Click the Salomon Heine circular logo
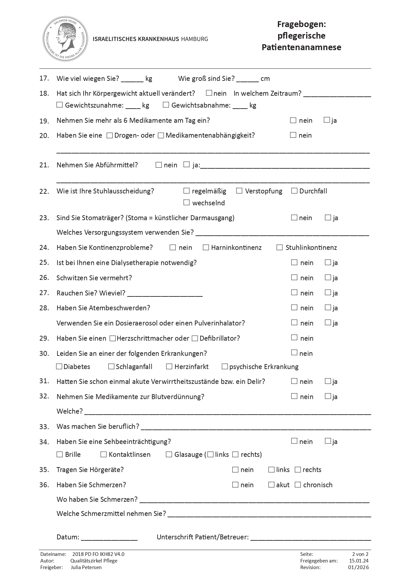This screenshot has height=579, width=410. [66, 39]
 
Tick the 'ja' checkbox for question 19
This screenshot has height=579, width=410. [326, 120]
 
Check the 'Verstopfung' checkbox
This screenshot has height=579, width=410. [239, 191]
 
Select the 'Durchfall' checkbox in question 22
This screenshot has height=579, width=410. [294, 191]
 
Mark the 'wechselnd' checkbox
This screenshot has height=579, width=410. [187, 202]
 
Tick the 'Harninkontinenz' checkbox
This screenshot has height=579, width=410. [206, 247]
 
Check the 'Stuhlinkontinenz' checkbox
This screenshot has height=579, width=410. [280, 247]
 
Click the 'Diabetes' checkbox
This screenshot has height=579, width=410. [59, 366]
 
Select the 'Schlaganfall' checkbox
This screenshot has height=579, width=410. [111, 366]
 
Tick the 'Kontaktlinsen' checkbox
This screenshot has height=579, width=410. [103, 455]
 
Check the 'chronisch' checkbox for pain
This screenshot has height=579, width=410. [298, 485]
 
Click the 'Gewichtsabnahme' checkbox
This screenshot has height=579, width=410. [166, 105]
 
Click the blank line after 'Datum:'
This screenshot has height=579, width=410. [109, 537]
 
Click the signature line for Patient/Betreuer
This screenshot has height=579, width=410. [311, 537]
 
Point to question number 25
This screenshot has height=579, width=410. [44, 262]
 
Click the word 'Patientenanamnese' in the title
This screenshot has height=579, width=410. [301, 47]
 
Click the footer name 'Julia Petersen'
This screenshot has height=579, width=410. [86, 567]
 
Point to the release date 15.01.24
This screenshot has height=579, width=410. [359, 561]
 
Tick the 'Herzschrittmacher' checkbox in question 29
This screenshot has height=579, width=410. [113, 338]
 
